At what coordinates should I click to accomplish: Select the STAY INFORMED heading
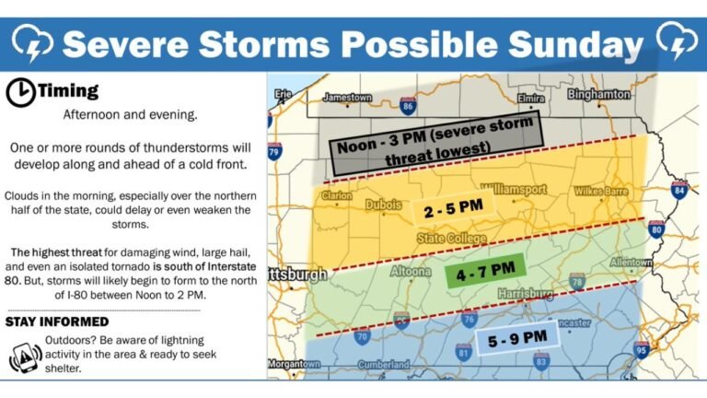point(58,322)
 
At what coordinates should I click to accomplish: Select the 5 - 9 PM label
point(518,339)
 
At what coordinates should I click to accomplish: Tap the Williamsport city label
point(512,189)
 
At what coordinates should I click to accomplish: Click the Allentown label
point(630,263)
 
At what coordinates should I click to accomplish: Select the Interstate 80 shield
point(655,229)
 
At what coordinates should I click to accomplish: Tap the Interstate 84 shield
point(679,191)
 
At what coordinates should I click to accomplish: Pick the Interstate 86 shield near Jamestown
point(407,106)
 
